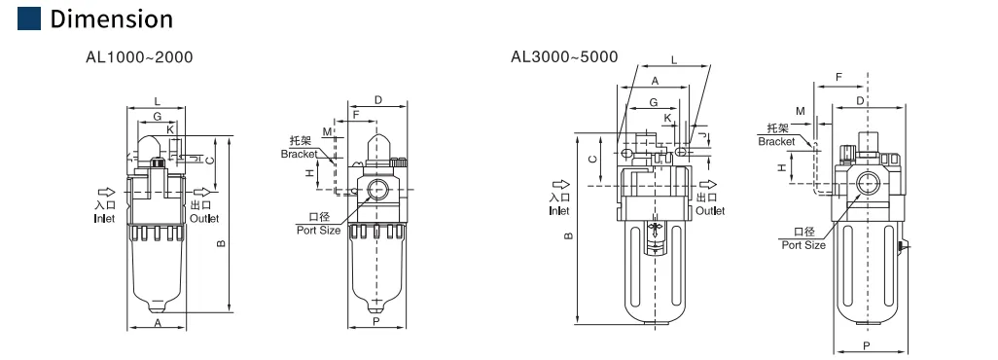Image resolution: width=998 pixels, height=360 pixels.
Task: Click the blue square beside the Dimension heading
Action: tap(29, 18)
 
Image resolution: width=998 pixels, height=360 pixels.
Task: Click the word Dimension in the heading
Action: tap(112, 19)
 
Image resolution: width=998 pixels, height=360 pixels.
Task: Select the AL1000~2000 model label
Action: tap(139, 57)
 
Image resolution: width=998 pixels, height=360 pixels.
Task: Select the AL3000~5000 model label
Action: tap(564, 56)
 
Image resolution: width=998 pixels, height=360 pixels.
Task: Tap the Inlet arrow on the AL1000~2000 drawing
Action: tap(106, 192)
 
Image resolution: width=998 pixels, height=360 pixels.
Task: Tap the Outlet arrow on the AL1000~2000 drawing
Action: tap(202, 192)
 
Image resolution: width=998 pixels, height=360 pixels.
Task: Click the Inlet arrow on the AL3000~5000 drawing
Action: tap(561, 186)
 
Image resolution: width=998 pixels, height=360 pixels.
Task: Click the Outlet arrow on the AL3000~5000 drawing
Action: tap(708, 186)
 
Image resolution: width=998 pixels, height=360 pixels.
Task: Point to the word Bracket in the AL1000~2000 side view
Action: tap(299, 154)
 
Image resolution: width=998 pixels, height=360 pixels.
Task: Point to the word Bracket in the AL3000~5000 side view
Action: tap(776, 141)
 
